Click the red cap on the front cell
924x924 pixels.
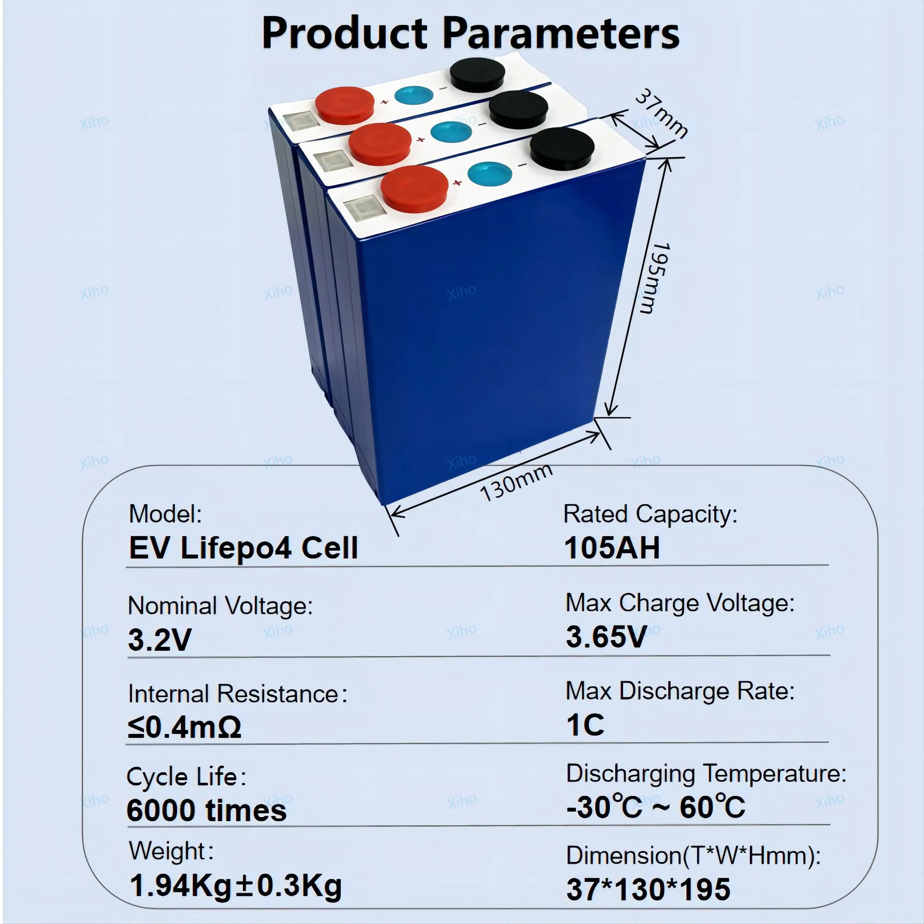[414, 188]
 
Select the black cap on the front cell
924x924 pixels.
[562, 148]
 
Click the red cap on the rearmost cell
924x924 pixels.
[344, 105]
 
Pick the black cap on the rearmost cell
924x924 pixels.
[477, 75]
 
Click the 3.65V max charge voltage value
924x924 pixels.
[607, 637]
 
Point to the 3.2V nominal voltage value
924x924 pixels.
[160, 640]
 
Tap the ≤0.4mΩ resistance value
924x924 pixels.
[184, 727]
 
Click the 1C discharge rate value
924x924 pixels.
[585, 725]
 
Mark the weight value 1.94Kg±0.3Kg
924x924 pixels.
[236, 886]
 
